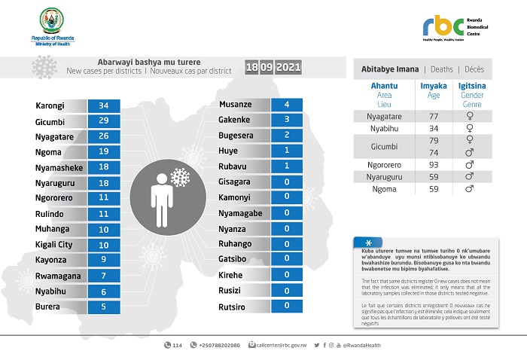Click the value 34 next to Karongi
104,105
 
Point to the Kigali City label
54,245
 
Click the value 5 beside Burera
104,307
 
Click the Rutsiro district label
233,306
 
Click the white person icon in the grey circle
160,198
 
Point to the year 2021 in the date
289,68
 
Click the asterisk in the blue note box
367,243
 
